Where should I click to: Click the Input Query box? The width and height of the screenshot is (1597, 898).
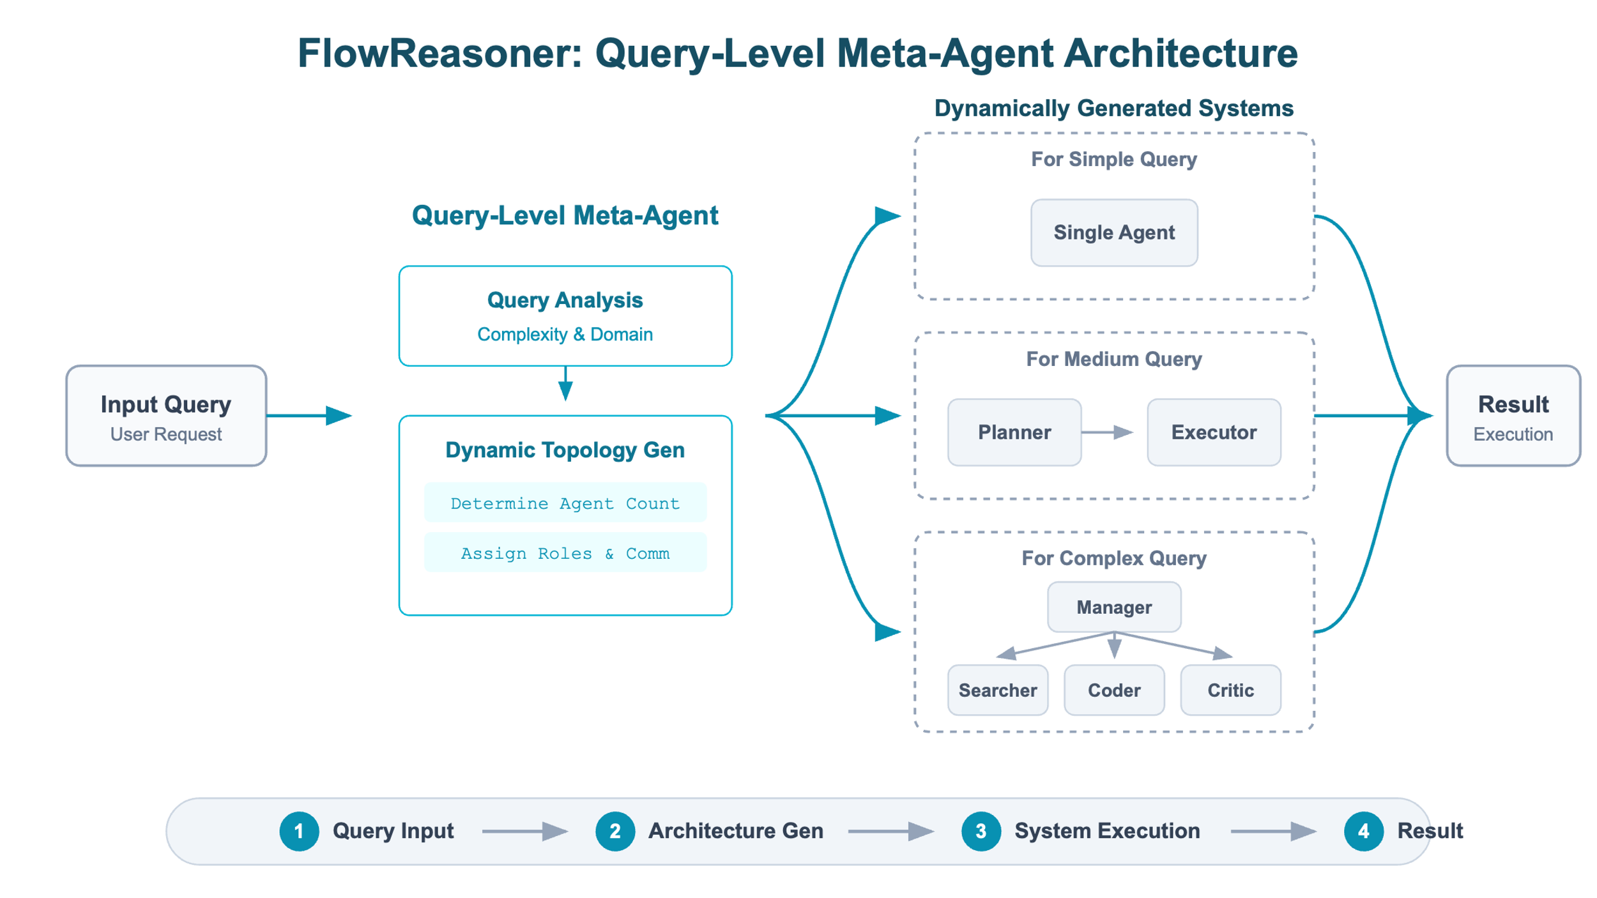(x=166, y=416)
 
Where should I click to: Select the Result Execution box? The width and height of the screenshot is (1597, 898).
(x=1513, y=416)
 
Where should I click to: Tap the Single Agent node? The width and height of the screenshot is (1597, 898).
(x=1114, y=232)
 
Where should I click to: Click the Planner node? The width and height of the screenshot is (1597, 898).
(x=1014, y=432)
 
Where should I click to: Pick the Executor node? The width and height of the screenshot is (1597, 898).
(x=1214, y=432)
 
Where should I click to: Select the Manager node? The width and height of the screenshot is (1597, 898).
(x=1114, y=607)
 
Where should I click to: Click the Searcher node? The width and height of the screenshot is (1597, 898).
(x=998, y=690)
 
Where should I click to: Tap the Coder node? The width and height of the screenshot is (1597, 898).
(x=1114, y=690)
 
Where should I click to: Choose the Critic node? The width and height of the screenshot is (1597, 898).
(x=1230, y=690)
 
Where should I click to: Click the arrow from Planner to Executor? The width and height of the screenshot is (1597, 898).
(x=1107, y=432)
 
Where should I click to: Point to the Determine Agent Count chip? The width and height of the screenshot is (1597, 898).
(x=565, y=503)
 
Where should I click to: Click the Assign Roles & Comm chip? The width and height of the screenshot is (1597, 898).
(x=565, y=553)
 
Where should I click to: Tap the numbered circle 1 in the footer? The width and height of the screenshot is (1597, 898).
(x=299, y=831)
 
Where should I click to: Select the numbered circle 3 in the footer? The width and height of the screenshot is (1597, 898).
(x=981, y=831)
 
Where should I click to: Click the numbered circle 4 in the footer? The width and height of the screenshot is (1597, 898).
(x=1363, y=831)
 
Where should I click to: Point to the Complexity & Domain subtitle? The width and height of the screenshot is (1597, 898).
(x=565, y=334)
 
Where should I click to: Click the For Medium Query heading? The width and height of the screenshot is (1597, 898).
(x=1114, y=359)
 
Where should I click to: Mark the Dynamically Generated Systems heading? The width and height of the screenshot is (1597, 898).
(x=1114, y=108)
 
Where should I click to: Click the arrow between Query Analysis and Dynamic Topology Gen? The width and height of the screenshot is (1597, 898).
(x=565, y=383)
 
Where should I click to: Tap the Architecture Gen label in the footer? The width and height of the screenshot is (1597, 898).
(x=736, y=831)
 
